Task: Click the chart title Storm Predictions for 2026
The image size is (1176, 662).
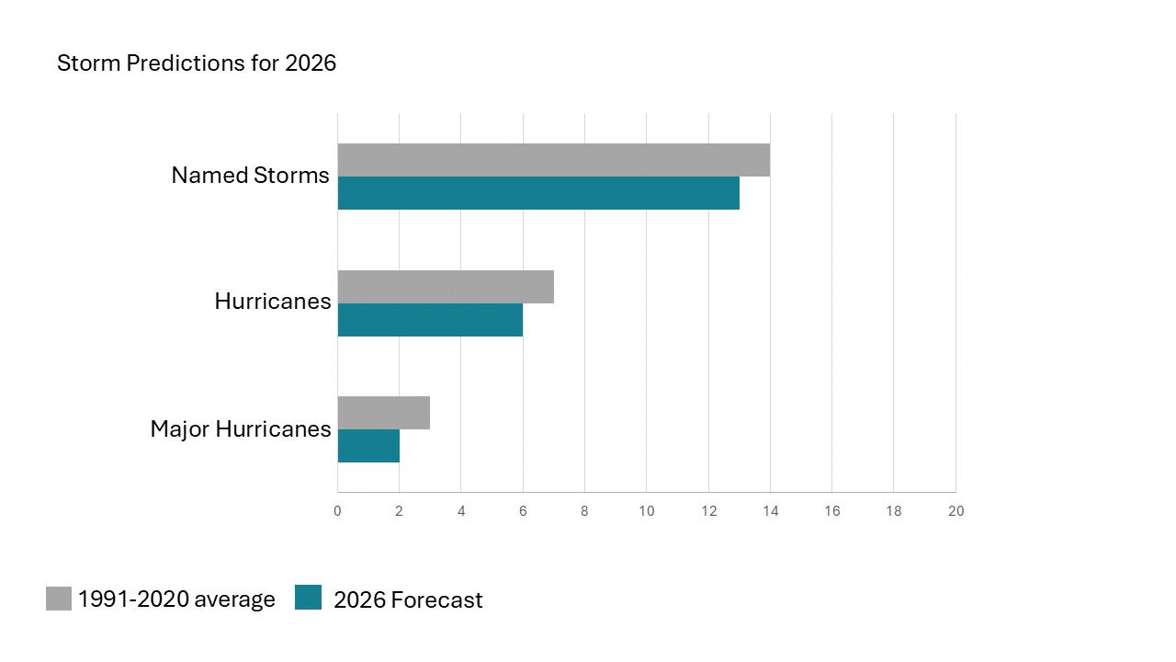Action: point(197,63)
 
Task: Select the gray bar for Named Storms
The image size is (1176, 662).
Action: point(553,160)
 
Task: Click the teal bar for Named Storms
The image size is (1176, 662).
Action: point(538,193)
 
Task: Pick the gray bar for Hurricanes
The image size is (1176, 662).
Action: point(446,287)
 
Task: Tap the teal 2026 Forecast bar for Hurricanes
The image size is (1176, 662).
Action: point(430,320)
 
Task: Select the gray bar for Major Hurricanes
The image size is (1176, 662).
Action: point(384,413)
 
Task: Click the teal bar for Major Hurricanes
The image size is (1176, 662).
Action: point(368,446)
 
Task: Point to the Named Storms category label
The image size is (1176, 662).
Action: point(250,176)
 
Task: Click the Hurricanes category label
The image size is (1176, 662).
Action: point(272,302)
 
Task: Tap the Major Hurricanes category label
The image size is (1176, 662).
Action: point(241,428)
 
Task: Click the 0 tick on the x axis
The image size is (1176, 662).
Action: point(337,511)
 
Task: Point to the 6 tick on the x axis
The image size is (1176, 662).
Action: point(523,511)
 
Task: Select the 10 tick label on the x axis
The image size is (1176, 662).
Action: point(647,511)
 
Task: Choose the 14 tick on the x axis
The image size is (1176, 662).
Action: point(770,511)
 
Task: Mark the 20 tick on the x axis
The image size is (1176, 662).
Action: point(955,511)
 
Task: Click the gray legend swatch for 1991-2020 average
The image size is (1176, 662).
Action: point(59,599)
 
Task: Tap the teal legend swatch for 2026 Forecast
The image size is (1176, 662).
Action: point(309,599)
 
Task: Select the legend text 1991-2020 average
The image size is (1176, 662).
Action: point(176,599)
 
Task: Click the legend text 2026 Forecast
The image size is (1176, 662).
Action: point(408,600)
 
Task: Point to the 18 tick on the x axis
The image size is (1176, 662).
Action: point(894,511)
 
